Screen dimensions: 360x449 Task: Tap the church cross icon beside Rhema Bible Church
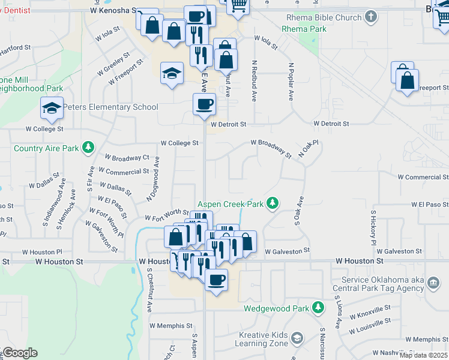[372, 17]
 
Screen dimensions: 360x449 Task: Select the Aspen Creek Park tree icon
[273, 203]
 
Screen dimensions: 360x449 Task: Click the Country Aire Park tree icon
[88, 148]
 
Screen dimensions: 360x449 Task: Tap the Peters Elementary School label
[111, 107]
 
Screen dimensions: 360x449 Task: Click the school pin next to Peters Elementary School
[52, 108]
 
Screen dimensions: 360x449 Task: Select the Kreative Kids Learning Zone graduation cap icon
[297, 338]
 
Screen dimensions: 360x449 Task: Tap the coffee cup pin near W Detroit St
[204, 104]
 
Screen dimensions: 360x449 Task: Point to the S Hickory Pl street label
[373, 228]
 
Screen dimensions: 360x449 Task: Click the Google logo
[20, 352]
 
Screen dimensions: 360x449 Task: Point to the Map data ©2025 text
[424, 355]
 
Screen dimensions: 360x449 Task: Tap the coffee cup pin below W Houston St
[216, 279]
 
